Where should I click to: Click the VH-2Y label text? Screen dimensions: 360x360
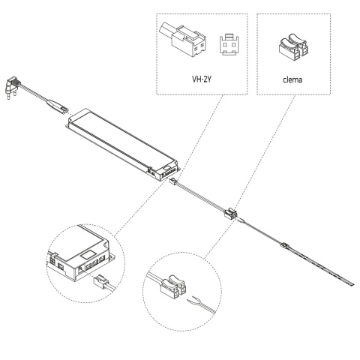pyautogui.click(x=201, y=78)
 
